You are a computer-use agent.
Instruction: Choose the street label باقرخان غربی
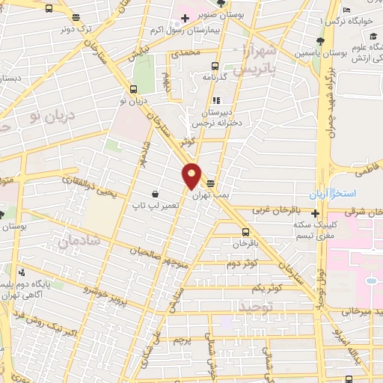pyautogui.click(x=282, y=212)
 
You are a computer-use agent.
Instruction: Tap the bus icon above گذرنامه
pyautogui.click(x=215, y=65)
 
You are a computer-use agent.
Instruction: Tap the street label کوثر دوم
pyautogui.click(x=242, y=264)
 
